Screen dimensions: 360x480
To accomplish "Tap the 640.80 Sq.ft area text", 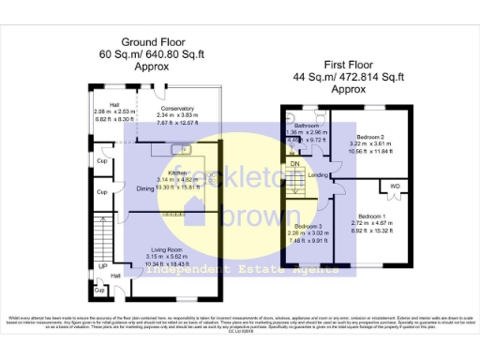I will [x=182, y=54].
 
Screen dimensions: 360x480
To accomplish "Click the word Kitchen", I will [x=178, y=173].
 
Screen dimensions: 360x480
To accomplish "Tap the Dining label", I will [x=145, y=189].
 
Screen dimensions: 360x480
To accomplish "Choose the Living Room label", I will [x=163, y=249].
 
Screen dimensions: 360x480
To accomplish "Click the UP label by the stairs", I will [x=101, y=266].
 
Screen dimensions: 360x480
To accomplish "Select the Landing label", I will [x=317, y=175].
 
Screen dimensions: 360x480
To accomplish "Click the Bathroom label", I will [x=307, y=125].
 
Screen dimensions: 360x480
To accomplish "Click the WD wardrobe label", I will [x=395, y=186].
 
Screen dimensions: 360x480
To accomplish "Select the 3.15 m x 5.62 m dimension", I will [x=163, y=257].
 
